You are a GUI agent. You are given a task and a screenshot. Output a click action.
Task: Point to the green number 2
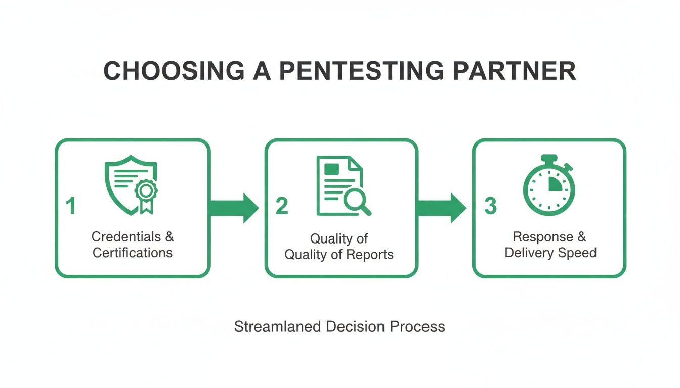[x=282, y=206]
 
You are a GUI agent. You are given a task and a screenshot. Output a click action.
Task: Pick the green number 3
[x=490, y=206]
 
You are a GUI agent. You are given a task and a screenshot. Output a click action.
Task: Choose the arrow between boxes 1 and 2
[x=234, y=207]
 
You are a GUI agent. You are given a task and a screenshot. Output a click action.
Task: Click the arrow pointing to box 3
[x=441, y=207]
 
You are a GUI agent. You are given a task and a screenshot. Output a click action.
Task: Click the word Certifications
[x=133, y=252]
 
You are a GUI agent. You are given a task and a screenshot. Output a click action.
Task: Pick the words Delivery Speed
[x=550, y=252]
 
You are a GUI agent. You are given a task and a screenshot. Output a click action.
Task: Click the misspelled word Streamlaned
[x=277, y=326]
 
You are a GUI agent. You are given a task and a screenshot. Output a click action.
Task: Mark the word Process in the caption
[x=417, y=326]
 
